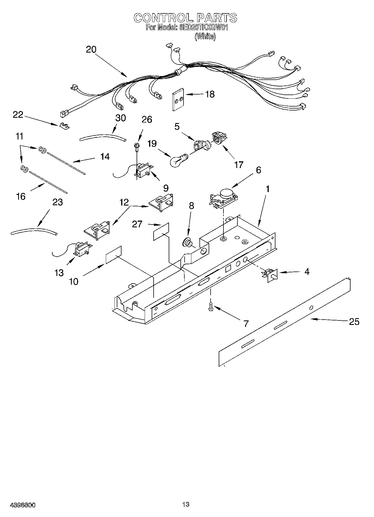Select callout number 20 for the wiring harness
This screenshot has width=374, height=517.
pyautogui.click(x=91, y=49)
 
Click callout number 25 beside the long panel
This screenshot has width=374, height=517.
pyautogui.click(x=354, y=322)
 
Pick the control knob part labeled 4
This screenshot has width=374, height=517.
pyautogui.click(x=270, y=275)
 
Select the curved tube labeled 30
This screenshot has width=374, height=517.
pyautogui.click(x=103, y=137)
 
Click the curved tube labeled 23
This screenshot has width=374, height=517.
pyautogui.click(x=34, y=231)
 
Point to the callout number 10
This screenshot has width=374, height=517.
pyautogui.click(x=73, y=281)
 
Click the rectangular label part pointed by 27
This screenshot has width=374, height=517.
pyautogui.click(x=161, y=232)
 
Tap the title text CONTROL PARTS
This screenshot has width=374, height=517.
pyautogui.click(x=185, y=18)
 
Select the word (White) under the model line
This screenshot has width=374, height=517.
pyautogui.click(x=205, y=36)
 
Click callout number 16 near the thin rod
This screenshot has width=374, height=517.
pyautogui.click(x=21, y=196)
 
